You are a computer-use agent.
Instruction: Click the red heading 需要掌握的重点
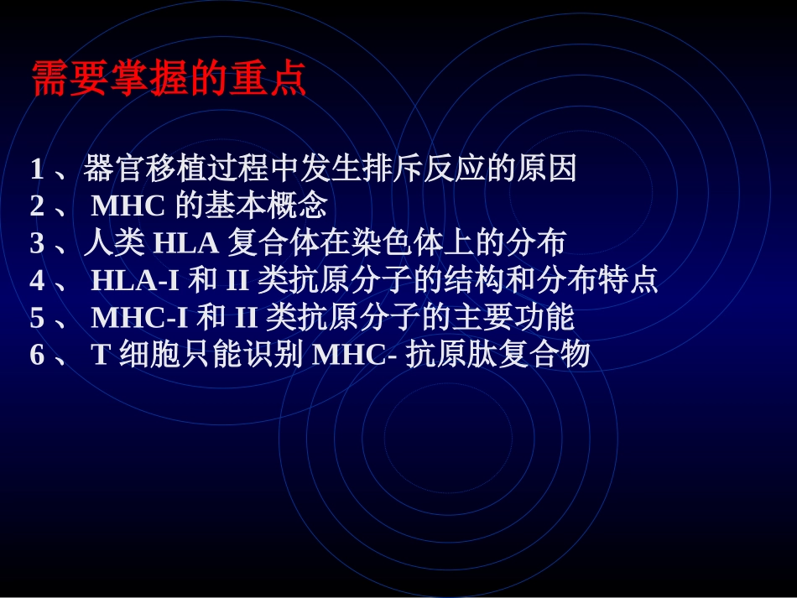pyautogui.click(x=169, y=79)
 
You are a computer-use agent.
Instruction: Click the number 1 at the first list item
pyautogui.click(x=37, y=169)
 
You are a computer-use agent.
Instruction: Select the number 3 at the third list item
pyautogui.click(x=37, y=243)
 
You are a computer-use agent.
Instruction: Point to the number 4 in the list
pyautogui.click(x=37, y=280)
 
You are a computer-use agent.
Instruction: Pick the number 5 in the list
pyautogui.click(x=37, y=318)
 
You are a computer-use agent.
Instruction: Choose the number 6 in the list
pyautogui.click(x=37, y=355)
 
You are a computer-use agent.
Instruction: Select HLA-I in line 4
pyautogui.click(x=135, y=280)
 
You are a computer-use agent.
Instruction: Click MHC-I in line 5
pyautogui.click(x=139, y=318)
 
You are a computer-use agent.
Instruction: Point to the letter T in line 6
pyautogui.click(x=101, y=355)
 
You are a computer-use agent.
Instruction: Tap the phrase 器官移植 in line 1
pyautogui.click(x=138, y=169)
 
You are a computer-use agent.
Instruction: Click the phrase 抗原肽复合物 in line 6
pyautogui.click(x=498, y=355)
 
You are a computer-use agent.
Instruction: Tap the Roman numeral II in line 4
pyautogui.click(x=237, y=280)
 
